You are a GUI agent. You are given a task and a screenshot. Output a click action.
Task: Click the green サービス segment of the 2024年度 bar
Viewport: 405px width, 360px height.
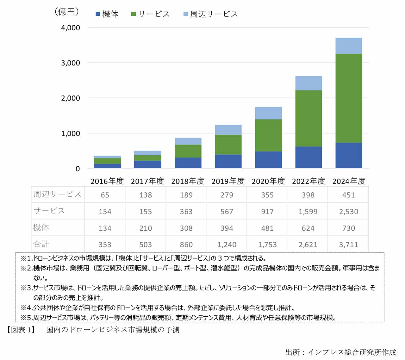click(x=349, y=98)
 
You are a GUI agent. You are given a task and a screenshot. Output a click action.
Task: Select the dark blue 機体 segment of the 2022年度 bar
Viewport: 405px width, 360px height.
click(x=308, y=157)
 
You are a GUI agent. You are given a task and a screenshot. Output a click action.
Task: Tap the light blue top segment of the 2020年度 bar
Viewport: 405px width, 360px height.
click(x=268, y=113)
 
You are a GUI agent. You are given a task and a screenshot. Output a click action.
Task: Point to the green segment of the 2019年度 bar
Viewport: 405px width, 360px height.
click(x=228, y=145)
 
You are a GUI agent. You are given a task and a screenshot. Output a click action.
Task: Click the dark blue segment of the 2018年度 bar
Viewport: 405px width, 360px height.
click(x=188, y=163)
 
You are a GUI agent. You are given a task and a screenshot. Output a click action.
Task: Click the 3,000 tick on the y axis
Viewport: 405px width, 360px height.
click(x=70, y=63)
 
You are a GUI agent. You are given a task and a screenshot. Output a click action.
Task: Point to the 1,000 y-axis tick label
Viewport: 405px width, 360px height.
click(x=70, y=133)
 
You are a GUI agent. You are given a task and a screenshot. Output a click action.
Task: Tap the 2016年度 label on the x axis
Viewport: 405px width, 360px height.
click(x=107, y=181)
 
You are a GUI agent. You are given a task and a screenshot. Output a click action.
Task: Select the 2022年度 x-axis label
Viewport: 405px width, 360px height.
click(x=308, y=181)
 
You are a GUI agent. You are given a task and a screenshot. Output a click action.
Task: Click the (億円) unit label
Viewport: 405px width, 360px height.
click(x=67, y=12)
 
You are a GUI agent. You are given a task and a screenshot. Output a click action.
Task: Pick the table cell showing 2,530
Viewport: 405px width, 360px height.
click(x=349, y=211)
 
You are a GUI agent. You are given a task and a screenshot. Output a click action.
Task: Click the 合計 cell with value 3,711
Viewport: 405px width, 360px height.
click(x=349, y=245)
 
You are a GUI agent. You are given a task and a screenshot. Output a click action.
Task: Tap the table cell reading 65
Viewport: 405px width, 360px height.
click(x=105, y=195)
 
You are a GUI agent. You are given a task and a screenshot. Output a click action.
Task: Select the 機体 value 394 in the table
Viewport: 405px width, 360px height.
click(x=227, y=228)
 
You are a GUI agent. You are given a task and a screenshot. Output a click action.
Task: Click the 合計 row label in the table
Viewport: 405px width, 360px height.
click(x=41, y=244)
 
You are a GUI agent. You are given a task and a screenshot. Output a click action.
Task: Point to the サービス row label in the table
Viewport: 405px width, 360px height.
click(x=49, y=211)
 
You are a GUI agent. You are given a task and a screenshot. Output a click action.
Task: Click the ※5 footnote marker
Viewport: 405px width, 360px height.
click(x=27, y=317)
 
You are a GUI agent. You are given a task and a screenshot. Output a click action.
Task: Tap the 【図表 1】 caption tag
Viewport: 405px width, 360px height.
click(x=21, y=330)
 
